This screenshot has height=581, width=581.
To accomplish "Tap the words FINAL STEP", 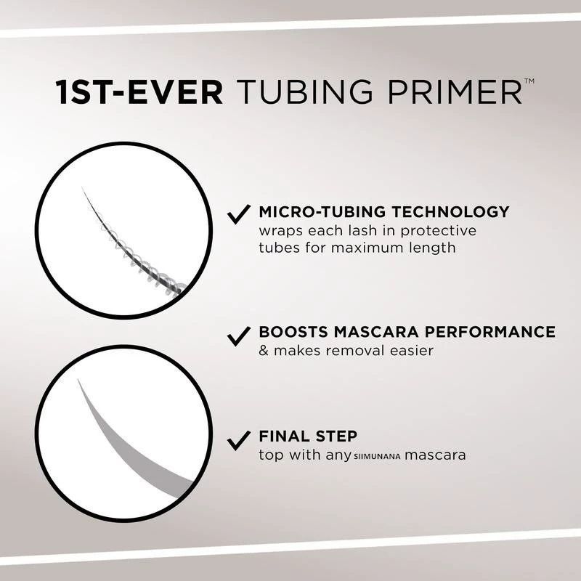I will click(308, 436).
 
